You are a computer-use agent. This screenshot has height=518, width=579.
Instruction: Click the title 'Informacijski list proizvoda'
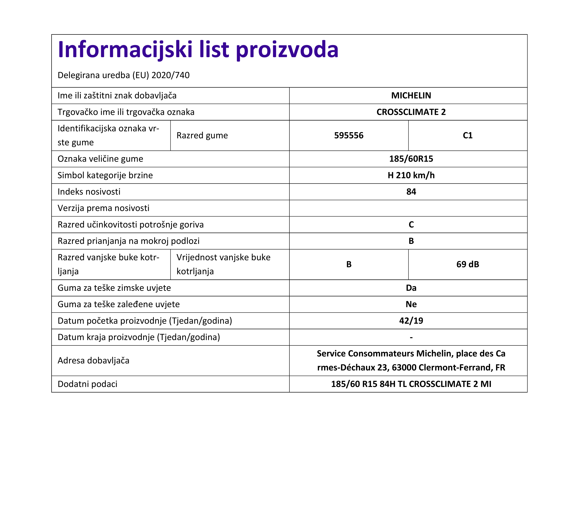[198, 50]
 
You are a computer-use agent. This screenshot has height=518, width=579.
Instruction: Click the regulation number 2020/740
[170, 75]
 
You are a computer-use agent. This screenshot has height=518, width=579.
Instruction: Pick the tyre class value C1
[467, 136]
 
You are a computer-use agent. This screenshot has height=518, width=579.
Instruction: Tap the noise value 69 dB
[467, 264]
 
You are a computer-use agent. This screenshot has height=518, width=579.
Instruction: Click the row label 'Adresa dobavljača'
[93, 361]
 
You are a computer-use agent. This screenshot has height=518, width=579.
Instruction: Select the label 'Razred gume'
[202, 136]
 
